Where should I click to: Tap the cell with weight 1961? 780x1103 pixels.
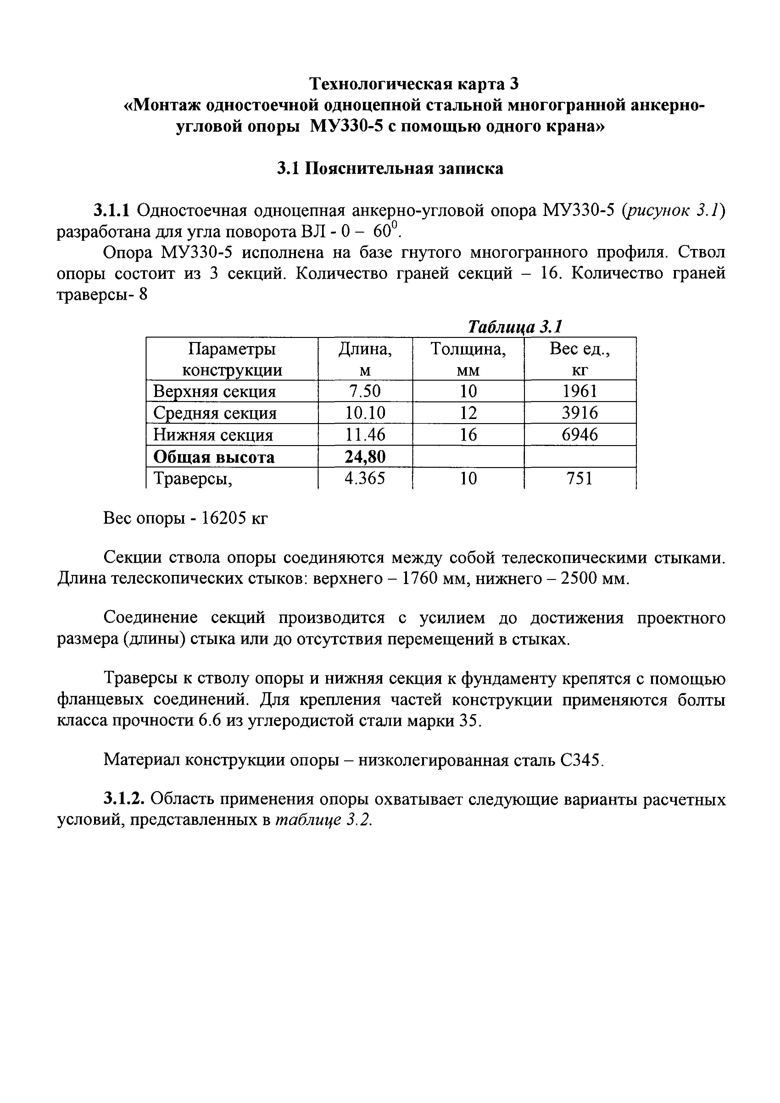[580, 392]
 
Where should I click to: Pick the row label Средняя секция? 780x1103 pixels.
[215, 413]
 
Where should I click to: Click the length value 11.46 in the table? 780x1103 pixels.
[365, 435]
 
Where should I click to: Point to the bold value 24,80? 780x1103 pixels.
[365, 457]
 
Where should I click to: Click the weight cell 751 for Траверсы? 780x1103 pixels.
[580, 478]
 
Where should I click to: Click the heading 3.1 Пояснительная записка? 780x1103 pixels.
[390, 168]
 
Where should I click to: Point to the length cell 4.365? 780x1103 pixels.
[365, 478]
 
